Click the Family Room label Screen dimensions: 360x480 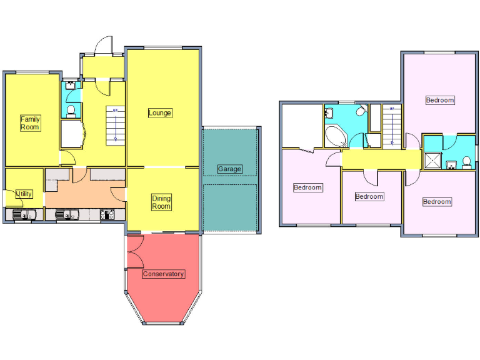click(x=29, y=122)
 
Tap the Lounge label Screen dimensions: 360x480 click(x=160, y=113)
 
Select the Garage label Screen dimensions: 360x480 click(x=229, y=169)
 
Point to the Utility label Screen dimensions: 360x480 click(x=24, y=194)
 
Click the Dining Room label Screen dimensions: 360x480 click(x=161, y=202)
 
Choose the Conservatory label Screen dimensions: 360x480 click(x=163, y=274)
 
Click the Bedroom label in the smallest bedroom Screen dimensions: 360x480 click(x=369, y=197)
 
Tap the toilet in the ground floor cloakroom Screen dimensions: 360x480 click(x=71, y=111)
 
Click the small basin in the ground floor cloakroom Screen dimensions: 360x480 click(x=70, y=83)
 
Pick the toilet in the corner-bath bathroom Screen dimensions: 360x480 click(x=360, y=111)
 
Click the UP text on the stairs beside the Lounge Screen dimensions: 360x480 click(x=115, y=111)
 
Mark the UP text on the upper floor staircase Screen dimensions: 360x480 click(x=392, y=109)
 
